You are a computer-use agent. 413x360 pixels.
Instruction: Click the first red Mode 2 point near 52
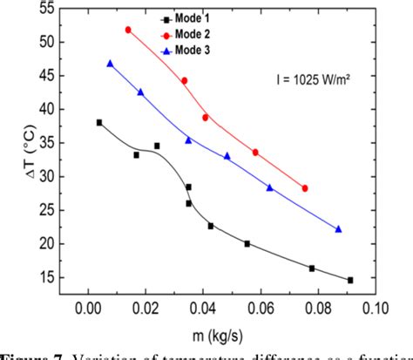[128, 30]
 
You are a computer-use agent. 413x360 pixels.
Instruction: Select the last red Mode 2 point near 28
[305, 188]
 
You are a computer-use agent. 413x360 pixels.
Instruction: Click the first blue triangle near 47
[111, 64]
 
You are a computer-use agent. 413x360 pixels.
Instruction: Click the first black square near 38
[99, 123]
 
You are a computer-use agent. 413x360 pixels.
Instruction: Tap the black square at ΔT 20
[247, 244]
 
